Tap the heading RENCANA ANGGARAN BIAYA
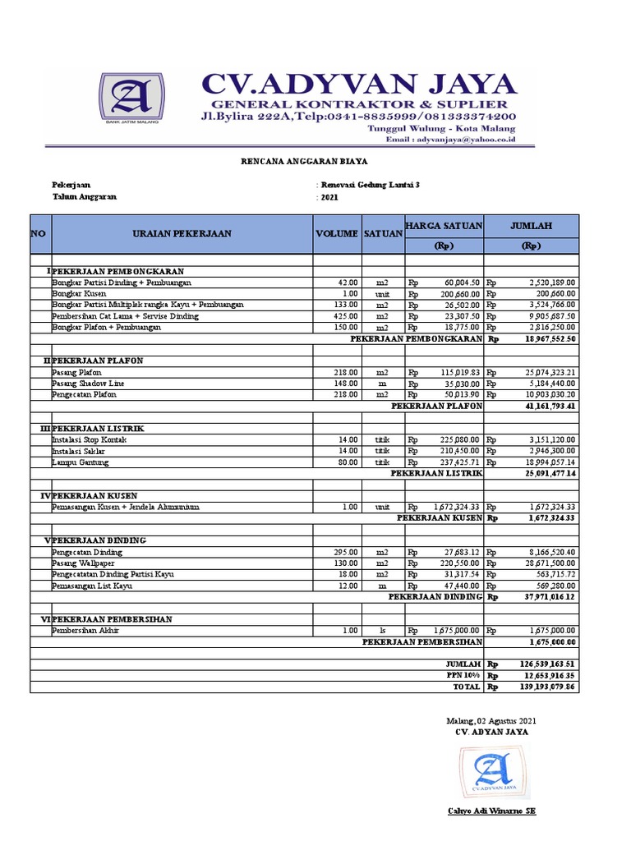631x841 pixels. [315, 163]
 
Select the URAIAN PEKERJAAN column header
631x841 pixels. [182, 234]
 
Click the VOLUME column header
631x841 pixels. [337, 234]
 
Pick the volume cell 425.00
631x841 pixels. [344, 315]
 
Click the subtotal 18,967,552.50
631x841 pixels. [541, 338]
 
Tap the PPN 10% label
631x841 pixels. [464, 675]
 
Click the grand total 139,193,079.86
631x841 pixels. [541, 687]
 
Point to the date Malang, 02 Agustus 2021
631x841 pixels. [489, 720]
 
